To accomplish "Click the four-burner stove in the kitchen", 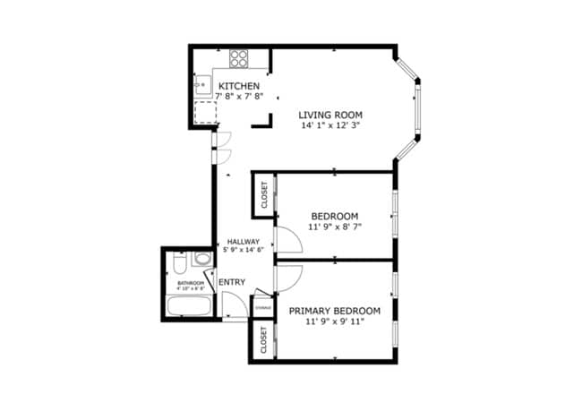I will pos(239,59).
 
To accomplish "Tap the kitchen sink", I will pos(201,88).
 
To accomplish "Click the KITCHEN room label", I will pos(239,86).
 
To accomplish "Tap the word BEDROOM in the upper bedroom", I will pos(335,216).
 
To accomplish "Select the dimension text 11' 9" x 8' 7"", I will pos(335,227).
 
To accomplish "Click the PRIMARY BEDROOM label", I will pos(335,310).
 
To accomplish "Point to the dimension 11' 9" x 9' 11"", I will pos(335,321).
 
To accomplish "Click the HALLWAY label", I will pos(244,242).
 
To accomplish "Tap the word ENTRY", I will pos(232,282).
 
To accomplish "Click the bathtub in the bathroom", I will pos(188,307).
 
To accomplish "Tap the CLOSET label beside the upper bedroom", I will pos(264,195).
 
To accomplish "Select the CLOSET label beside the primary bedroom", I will pos(264,340).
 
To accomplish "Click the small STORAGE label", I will pos(263,308).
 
